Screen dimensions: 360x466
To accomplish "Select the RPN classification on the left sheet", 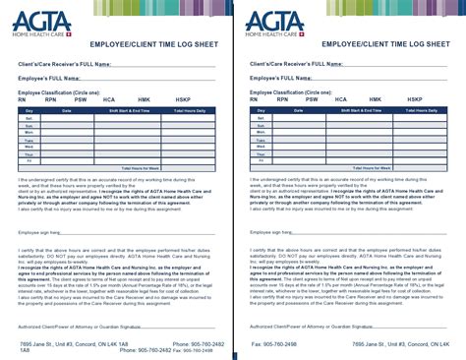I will (x=50, y=99).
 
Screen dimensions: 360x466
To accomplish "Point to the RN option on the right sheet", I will (x=254, y=99).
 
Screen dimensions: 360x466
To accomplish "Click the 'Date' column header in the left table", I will (x=68, y=111).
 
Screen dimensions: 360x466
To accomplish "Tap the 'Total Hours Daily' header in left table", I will (x=187, y=111).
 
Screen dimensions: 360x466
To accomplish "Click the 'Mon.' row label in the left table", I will (x=29, y=133).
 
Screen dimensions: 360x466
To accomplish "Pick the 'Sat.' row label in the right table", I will (x=258, y=119).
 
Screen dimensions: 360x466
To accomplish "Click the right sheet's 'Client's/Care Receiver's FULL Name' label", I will (x=296, y=63).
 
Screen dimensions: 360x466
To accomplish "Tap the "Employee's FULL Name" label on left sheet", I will (x=52, y=79).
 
